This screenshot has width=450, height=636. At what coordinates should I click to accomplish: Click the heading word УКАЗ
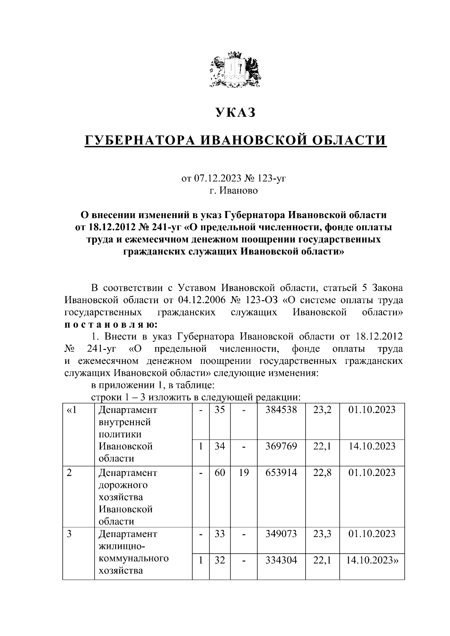tap(235, 112)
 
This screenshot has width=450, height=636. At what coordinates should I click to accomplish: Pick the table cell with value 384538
tap(281, 410)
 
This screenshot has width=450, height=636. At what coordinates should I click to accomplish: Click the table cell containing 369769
tap(281, 446)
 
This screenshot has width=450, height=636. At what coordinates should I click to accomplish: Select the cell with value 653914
tap(281, 473)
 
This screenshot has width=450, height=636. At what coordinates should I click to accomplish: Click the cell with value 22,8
tap(322, 473)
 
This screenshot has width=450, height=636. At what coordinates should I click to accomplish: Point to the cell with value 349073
tap(281, 533)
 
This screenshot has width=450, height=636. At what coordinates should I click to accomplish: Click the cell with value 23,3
tap(322, 533)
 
